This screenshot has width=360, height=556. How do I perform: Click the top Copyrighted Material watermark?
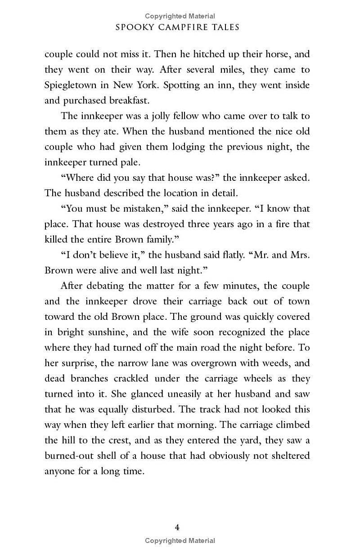180,16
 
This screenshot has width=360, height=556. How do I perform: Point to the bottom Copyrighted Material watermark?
180,541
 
